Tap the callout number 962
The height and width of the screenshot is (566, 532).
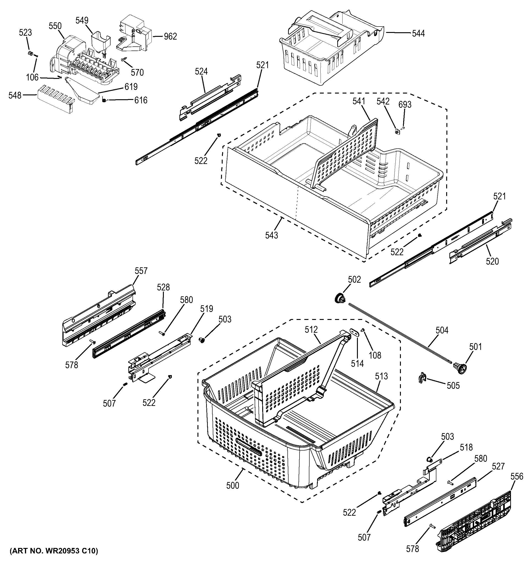170,36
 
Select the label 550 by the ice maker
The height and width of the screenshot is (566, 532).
55,26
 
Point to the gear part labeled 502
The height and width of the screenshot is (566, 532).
340,299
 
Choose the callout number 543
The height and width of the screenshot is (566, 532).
271,235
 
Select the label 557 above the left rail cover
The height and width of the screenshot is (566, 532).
141,271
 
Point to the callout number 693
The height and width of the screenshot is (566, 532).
405,105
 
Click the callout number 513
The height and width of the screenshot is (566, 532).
381,376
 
